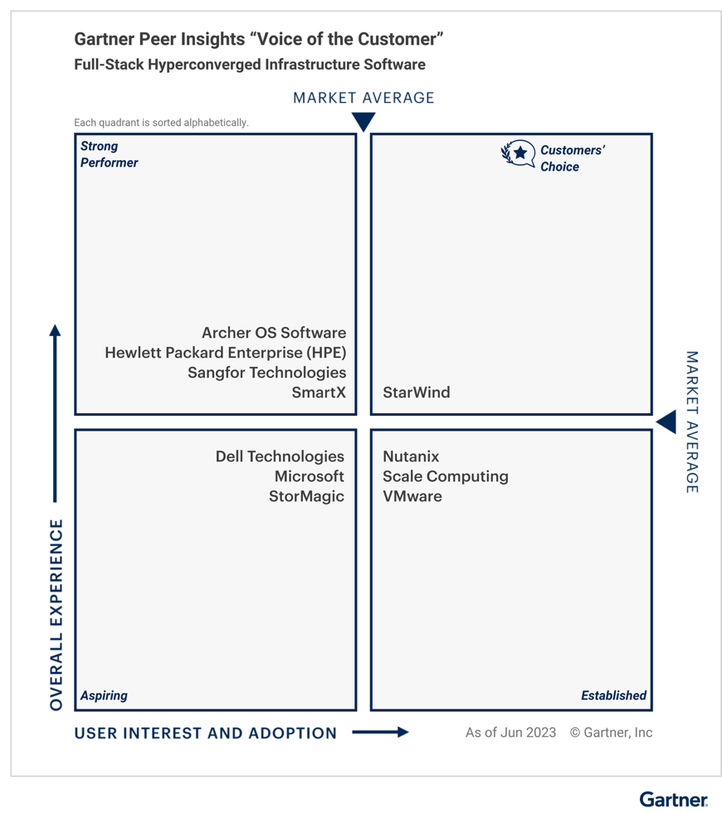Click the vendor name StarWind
point(417,392)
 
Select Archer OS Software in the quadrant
point(274,333)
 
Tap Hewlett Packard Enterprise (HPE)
point(226,353)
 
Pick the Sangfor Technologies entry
point(266,373)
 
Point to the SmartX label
point(319,392)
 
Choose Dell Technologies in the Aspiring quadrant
point(280,457)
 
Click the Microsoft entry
point(310,476)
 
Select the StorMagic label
point(306,496)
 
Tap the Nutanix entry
point(411,457)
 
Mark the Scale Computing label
point(446,476)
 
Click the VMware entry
point(412,496)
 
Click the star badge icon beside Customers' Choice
point(518,154)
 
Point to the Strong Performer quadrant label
point(109,154)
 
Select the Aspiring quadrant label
point(104,695)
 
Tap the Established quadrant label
point(613,695)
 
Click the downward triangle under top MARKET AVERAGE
point(363,121)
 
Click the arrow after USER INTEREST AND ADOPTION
point(380,733)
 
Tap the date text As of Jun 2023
point(510,733)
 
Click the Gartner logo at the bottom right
point(673,799)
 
